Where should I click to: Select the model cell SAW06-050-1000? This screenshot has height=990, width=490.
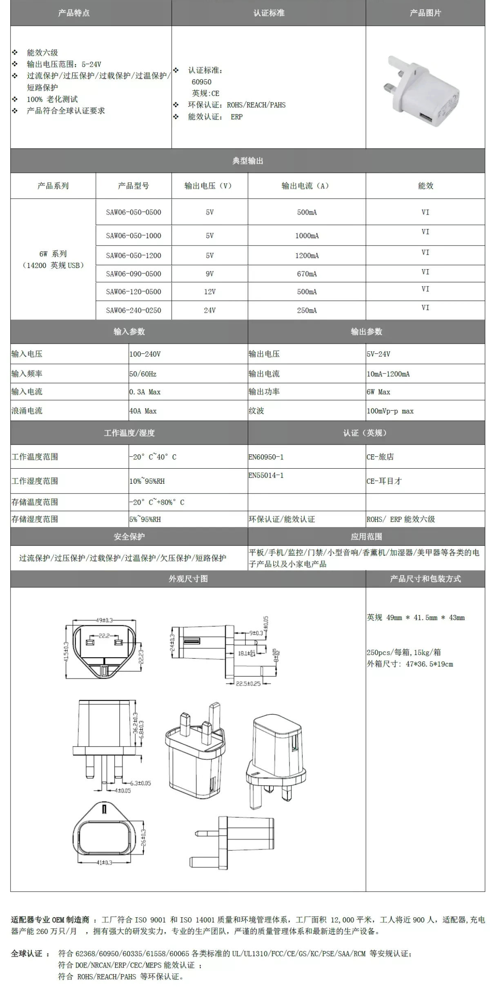pyautogui.click(x=134, y=236)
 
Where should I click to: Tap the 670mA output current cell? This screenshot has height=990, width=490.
pyautogui.click(x=307, y=274)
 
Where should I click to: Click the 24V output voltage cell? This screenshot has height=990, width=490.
pyautogui.click(x=209, y=311)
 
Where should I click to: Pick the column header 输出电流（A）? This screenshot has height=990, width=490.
pyautogui.click(x=306, y=186)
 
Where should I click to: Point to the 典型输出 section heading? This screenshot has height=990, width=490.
pyautogui.click(x=247, y=161)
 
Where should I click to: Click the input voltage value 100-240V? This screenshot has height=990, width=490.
pyautogui.click(x=145, y=354)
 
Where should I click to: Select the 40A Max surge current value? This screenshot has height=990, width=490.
pyautogui.click(x=143, y=411)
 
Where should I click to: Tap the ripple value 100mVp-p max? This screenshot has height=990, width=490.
pyautogui.click(x=390, y=411)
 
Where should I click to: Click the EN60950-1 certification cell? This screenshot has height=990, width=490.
pyautogui.click(x=266, y=457)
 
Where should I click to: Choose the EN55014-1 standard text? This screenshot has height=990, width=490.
pyautogui.click(x=266, y=475)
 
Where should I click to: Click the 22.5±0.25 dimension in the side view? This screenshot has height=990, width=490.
pyautogui.click(x=248, y=683)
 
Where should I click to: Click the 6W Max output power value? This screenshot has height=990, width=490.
pyautogui.click(x=378, y=392)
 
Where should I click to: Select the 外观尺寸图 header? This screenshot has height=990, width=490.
pyautogui.click(x=188, y=579)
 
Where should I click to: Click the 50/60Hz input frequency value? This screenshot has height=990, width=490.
pyautogui.click(x=143, y=374)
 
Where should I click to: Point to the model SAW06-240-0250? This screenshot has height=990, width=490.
pyautogui.click(x=134, y=311)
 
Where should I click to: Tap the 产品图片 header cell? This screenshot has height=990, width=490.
pyautogui.click(x=425, y=13)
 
